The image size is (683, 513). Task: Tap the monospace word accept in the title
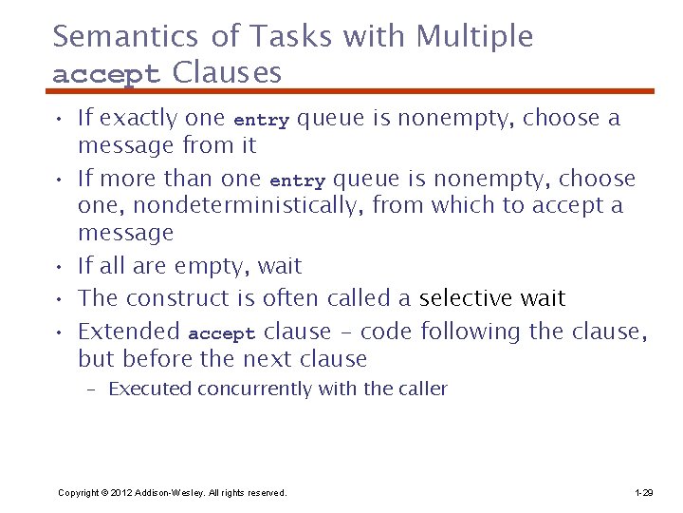(108, 73)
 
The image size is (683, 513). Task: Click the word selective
(466, 298)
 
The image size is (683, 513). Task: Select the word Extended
(129, 332)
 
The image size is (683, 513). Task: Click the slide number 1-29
(643, 492)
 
